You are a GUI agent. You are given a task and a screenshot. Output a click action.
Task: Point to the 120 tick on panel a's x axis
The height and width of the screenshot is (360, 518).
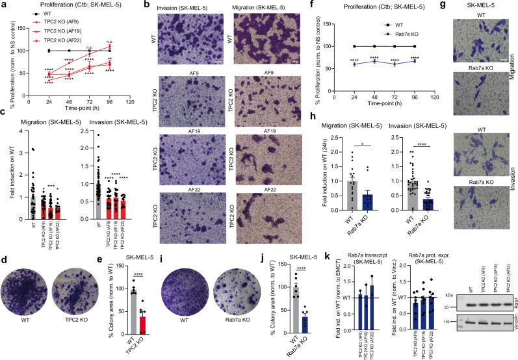tap(130, 102)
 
